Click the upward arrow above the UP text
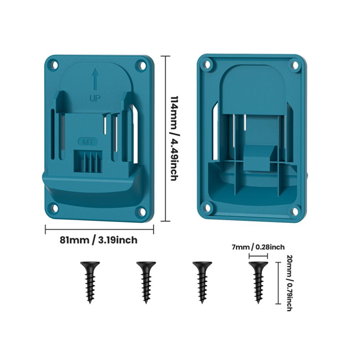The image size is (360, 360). (x=95, y=79)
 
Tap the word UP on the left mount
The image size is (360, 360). (x=95, y=99)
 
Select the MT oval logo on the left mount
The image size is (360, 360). (x=88, y=142)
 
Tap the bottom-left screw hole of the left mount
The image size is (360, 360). (x=55, y=208)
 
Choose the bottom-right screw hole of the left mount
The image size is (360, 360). (x=142, y=211)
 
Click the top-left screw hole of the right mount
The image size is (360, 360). (x=208, y=64)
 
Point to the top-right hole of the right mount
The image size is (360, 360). (x=295, y=65)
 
